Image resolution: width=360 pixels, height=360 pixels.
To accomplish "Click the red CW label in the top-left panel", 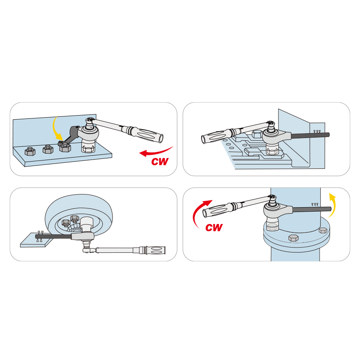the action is tap(160, 162).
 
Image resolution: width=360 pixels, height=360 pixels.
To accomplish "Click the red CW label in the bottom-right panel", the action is tap(214, 228).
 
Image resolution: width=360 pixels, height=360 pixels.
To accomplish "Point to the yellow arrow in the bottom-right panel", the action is tap(333, 204).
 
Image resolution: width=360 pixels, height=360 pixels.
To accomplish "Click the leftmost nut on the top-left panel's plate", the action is tap(30, 151).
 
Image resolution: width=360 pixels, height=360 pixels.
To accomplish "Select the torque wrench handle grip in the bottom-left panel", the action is tap(155, 250).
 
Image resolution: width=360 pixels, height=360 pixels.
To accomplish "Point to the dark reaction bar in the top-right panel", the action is tap(310, 136).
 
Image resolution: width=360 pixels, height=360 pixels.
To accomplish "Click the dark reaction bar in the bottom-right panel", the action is tap(312, 209).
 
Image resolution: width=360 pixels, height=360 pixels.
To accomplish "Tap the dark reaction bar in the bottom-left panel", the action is tap(53, 236).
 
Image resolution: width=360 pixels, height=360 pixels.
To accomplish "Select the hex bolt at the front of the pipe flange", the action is tap(293, 238).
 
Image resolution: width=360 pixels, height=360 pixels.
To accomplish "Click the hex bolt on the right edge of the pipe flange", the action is tap(323, 230).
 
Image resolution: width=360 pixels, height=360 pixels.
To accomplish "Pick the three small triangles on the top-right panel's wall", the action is tap(317, 132).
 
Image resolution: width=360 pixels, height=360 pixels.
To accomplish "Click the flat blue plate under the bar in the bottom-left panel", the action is tap(37, 240).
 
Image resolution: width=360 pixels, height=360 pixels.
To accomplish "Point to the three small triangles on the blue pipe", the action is tap(315, 204).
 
